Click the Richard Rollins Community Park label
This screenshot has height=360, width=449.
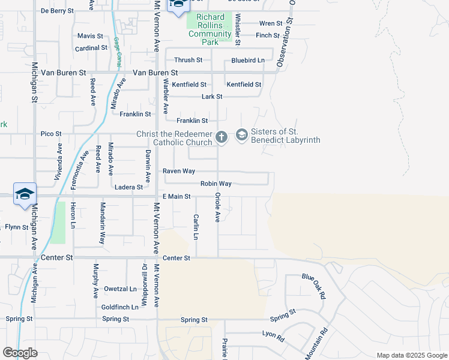coord(209,29)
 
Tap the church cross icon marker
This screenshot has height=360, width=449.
coord(221,137)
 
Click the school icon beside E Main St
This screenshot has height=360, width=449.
coord(25,194)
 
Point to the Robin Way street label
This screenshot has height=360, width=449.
coord(216,184)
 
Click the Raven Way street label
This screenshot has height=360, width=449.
coord(179,171)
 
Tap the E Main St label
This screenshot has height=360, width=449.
coord(176,196)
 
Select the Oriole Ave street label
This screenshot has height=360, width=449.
coord(217,208)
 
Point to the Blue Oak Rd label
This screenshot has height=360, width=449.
coord(315,287)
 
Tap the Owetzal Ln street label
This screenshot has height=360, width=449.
coord(120,289)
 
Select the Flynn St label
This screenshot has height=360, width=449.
coord(17,227)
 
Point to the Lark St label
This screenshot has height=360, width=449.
coord(212,97)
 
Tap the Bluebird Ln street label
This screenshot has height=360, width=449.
coord(248,61)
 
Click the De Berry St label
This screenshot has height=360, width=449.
coord(57,11)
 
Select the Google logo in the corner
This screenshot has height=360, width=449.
coord(20,353)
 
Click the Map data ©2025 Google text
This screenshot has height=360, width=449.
coord(411,355)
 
